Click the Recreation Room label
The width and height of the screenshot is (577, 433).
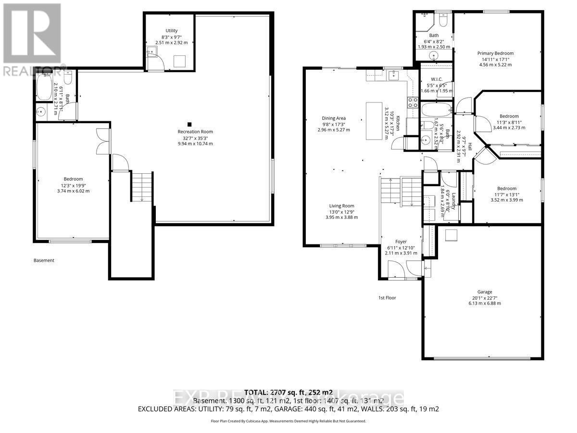tap(195, 131)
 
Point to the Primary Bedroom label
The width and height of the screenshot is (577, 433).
tap(495, 53)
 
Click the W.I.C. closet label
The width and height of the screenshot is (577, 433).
tap(437, 79)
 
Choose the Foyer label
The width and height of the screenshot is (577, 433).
tap(401, 242)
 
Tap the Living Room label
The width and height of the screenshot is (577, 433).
tap(341, 205)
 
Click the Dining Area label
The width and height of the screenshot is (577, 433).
tap(334, 118)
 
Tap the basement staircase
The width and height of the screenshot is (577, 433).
tap(142, 188)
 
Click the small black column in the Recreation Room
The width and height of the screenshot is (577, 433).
tap(190, 123)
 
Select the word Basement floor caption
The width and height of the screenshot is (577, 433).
tap(44, 260)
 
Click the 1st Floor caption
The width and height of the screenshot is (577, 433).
tap(387, 298)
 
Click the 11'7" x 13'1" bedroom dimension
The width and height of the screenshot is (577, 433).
tap(507, 194)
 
